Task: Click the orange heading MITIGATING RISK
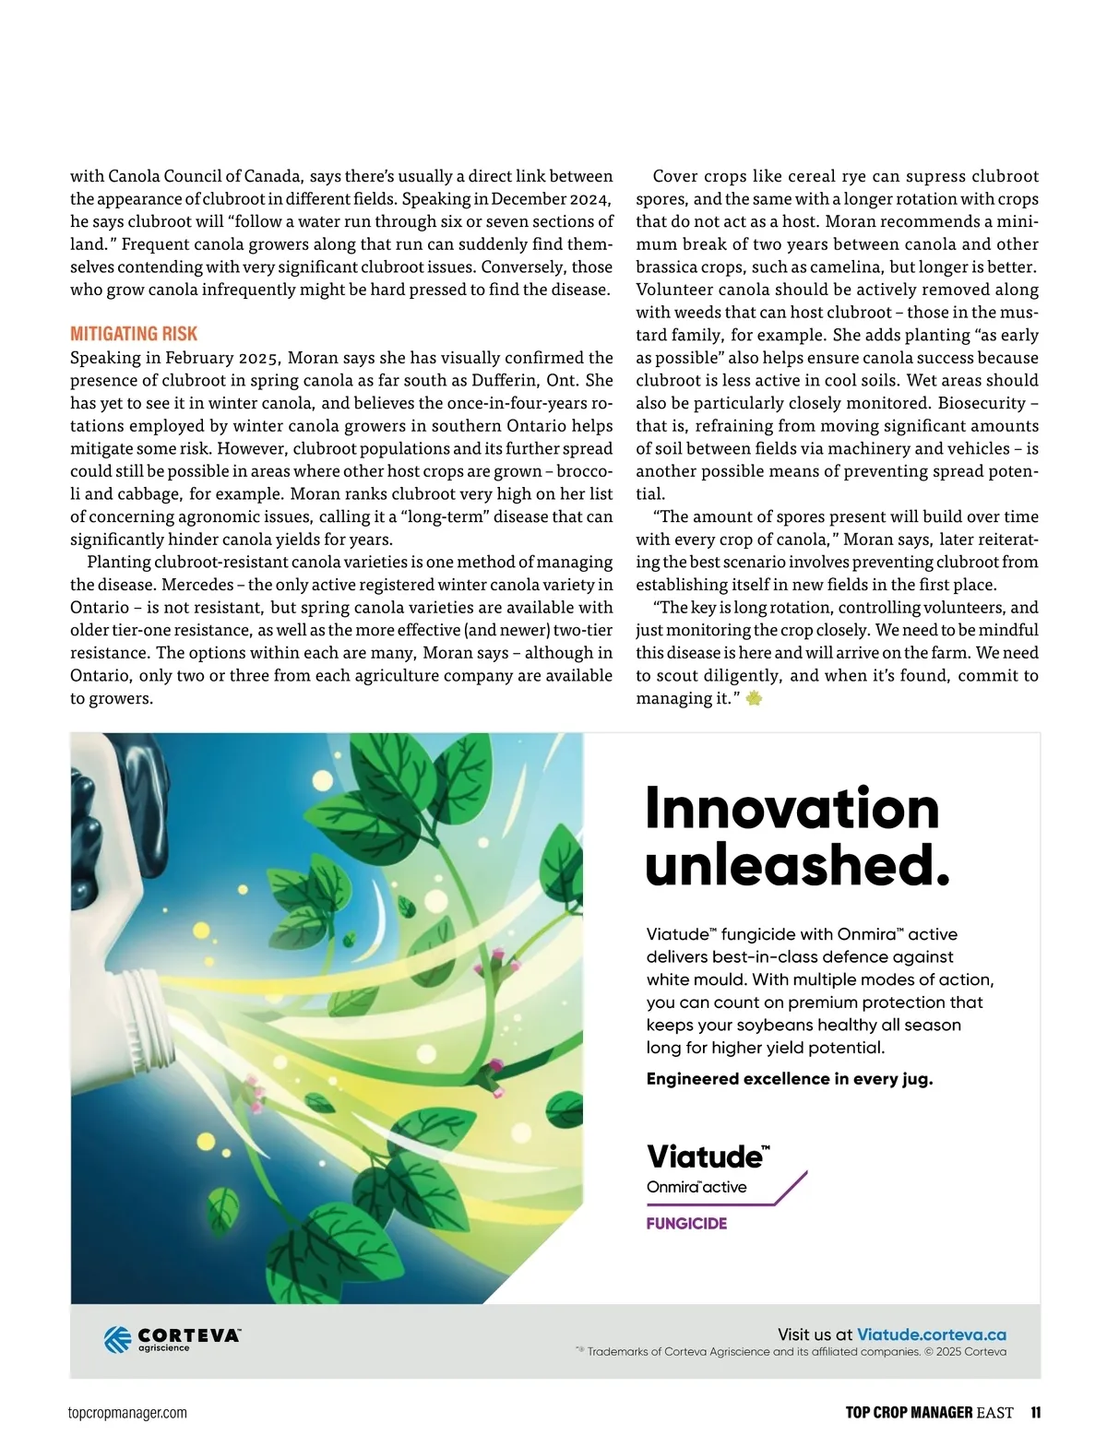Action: point(134,334)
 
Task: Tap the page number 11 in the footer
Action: point(1036,1412)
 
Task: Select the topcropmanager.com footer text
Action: point(127,1413)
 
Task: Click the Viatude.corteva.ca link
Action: point(931,1334)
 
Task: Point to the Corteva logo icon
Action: point(117,1339)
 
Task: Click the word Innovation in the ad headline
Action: point(792,808)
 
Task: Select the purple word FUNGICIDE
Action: point(686,1223)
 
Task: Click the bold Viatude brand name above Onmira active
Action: point(706,1156)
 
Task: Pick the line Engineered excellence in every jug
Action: point(789,1078)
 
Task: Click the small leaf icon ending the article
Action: point(754,699)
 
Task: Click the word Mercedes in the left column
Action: point(198,585)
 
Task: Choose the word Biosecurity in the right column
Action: point(981,403)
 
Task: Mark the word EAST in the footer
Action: point(994,1412)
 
